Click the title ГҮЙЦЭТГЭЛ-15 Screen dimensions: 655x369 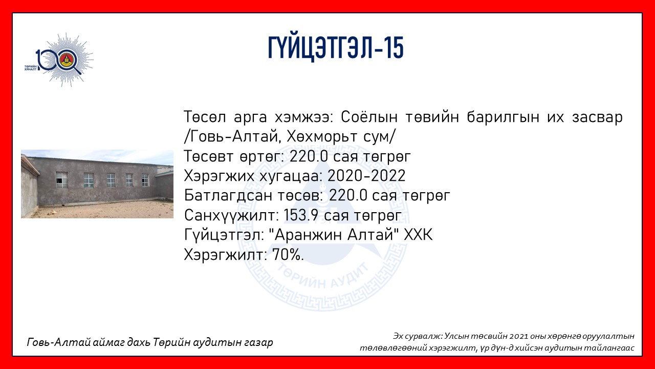coord(336,48)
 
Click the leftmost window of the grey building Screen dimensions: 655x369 coord(61,180)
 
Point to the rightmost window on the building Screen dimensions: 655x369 coord(145,180)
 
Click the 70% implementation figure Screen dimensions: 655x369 coord(288,255)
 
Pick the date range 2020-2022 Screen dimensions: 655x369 coord(366,176)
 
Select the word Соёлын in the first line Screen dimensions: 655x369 coord(369,117)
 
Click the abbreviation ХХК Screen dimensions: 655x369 coord(418,235)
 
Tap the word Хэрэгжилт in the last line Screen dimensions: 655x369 coord(225,255)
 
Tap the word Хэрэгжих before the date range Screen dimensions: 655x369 coord(219,176)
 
